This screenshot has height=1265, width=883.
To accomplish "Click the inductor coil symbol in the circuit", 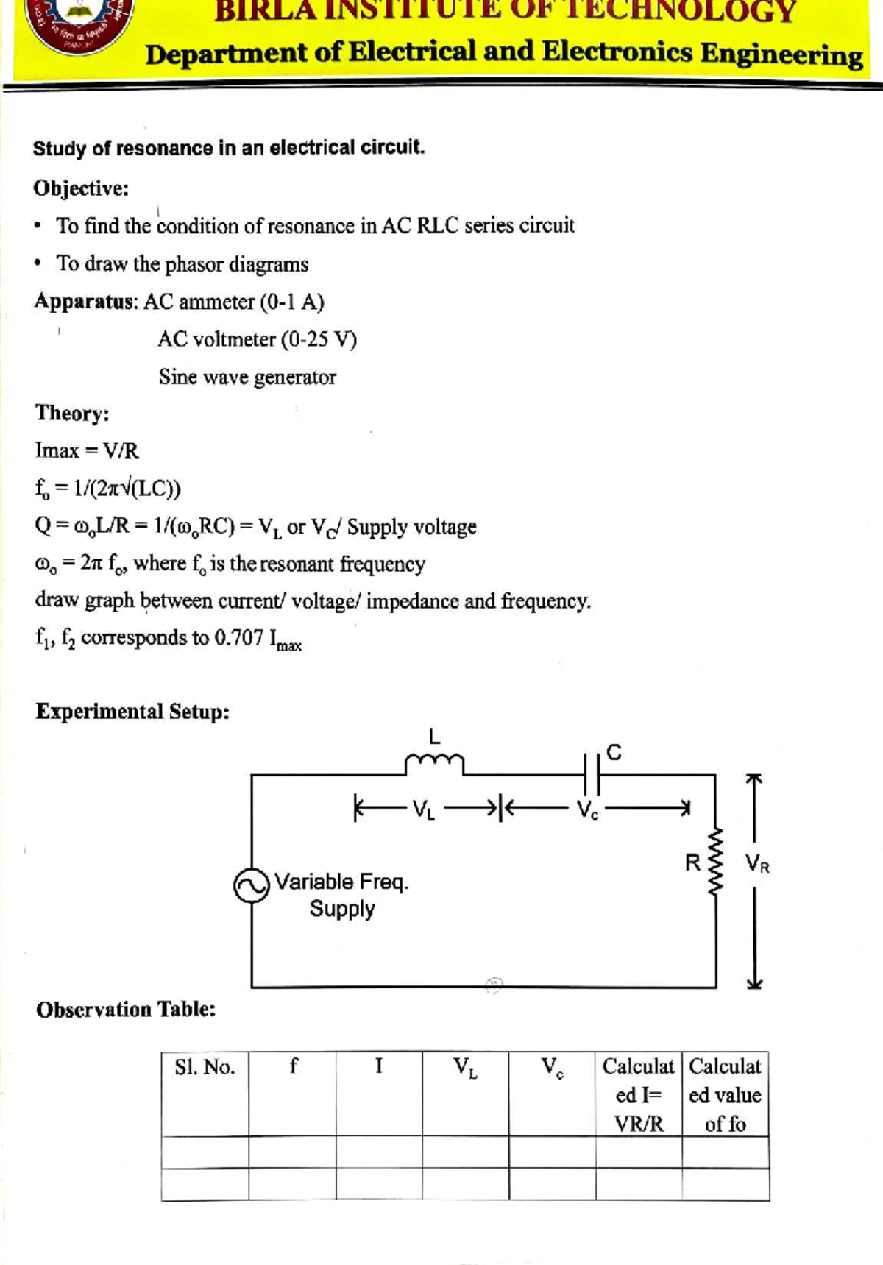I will [434, 764].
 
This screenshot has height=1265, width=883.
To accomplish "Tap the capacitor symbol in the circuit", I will [592, 774].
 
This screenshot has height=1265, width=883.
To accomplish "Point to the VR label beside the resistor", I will [757, 863].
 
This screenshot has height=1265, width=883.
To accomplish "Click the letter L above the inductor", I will [434, 736].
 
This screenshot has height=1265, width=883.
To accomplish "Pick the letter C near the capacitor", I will [614, 753].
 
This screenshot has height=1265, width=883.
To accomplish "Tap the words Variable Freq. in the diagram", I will [341, 882].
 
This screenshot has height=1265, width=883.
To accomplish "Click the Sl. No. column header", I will [205, 1067].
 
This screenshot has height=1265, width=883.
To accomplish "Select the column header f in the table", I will [293, 1066].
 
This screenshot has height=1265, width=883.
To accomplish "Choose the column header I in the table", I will [379, 1066].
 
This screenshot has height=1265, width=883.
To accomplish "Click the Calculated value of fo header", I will [725, 1095].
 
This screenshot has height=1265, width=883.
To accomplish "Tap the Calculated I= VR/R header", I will [638, 1095].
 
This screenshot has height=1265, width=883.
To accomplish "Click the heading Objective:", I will [81, 188].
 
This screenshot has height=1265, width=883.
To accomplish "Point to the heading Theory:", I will [72, 413].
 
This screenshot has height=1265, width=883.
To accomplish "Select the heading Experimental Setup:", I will [132, 712].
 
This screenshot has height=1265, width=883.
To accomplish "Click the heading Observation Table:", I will [126, 1010].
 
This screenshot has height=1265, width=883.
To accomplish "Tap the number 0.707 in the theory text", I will [238, 637].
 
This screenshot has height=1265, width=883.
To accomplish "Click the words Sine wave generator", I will [247, 378].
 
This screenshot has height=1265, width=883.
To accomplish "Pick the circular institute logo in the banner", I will [79, 22].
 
